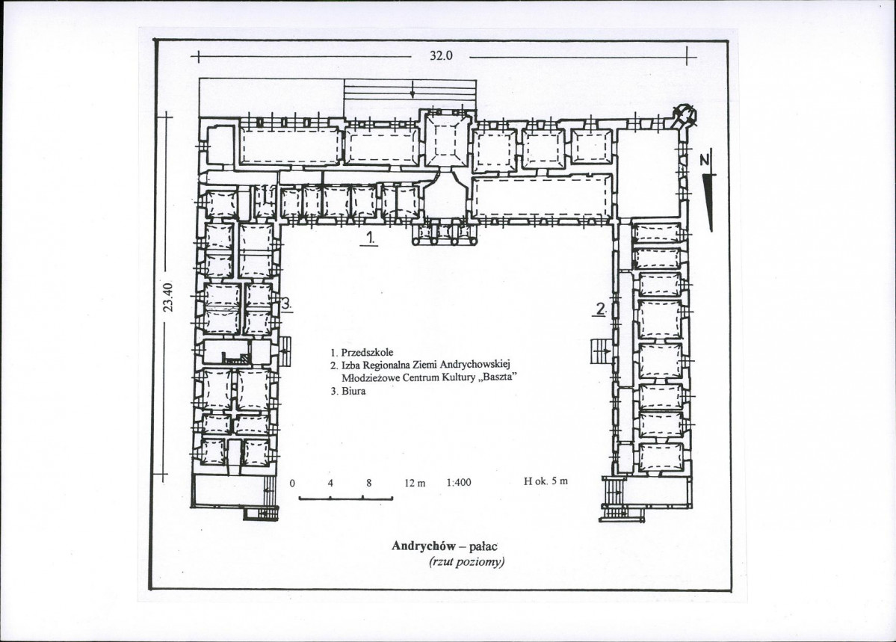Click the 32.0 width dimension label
click(x=441, y=56)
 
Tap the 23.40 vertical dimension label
click(x=167, y=298)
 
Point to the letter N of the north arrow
click(x=705, y=161)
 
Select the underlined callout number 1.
click(x=371, y=238)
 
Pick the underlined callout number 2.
click(x=600, y=309)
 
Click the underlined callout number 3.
click(x=286, y=305)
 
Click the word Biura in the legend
click(x=353, y=392)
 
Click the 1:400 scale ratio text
click(x=459, y=483)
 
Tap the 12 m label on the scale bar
click(x=415, y=483)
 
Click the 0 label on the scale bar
click(x=292, y=483)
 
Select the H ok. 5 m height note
click(x=546, y=481)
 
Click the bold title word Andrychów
click(x=424, y=546)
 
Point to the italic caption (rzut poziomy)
click(x=467, y=562)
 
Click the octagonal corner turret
click(x=684, y=116)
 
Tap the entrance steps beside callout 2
click(x=601, y=350)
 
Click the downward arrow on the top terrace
click(x=412, y=89)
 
